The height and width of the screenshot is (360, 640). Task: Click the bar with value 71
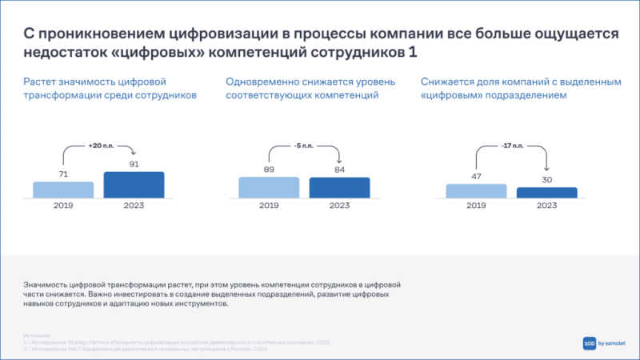pos(63,190)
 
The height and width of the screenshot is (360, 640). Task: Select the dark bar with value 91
pos(134,185)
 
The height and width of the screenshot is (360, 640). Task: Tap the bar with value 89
pos(269,187)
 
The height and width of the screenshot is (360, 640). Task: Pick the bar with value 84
pos(339,187)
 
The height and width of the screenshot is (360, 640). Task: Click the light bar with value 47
pos(476,190)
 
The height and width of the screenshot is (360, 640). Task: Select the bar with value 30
pos(546,192)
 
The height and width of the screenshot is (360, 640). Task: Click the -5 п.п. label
pos(304,146)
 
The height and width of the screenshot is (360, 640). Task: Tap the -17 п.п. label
pos(512,146)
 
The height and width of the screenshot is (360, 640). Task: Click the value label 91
pos(134,164)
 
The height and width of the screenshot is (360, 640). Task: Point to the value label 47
pos(476,176)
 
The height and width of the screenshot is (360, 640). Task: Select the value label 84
pos(339,169)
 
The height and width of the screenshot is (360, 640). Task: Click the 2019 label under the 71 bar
pos(63,205)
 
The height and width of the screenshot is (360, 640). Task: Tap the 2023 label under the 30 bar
pos(546,205)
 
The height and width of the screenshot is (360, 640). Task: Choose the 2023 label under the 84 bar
pos(339,205)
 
